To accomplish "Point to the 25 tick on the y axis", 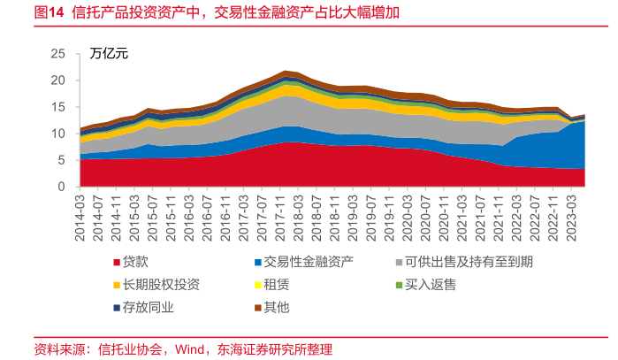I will click(59, 54).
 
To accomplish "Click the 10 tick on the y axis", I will click(59, 134).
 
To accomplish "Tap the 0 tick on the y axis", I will click(63, 187).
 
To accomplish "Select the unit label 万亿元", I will click(109, 53).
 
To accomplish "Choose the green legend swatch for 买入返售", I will click(398, 285).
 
